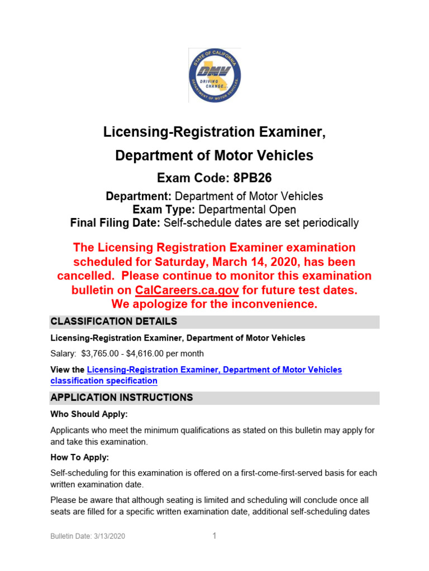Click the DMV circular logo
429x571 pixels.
point(214,75)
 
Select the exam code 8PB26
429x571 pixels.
point(243,178)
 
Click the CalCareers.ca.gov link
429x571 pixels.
point(187,291)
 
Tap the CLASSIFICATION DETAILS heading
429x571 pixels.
point(113,322)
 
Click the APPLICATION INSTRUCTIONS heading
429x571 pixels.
point(121,398)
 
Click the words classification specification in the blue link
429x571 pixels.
point(104,381)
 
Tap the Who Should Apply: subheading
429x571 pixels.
point(89,414)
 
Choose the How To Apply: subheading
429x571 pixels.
point(79,457)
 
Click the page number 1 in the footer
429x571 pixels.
point(214,536)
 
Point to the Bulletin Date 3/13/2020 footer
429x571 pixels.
point(88,536)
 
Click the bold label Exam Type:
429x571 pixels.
point(162,210)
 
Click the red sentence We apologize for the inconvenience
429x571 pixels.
point(214,304)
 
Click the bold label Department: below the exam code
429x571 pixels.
point(139,196)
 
